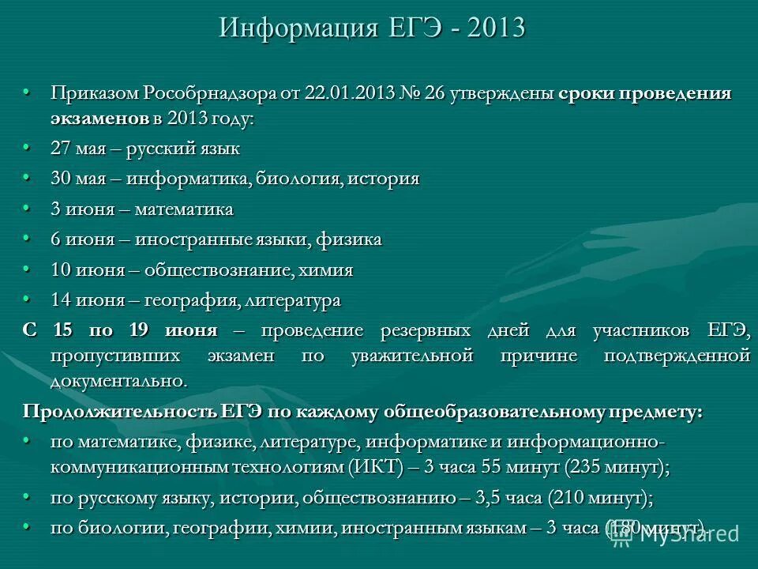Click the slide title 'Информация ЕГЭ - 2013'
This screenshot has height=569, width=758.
(x=372, y=28)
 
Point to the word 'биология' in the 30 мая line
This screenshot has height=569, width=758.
(x=298, y=179)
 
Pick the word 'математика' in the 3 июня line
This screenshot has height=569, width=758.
(x=183, y=209)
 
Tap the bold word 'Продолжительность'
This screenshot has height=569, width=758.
(x=119, y=412)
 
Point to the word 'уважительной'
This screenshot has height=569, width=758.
(x=409, y=356)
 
